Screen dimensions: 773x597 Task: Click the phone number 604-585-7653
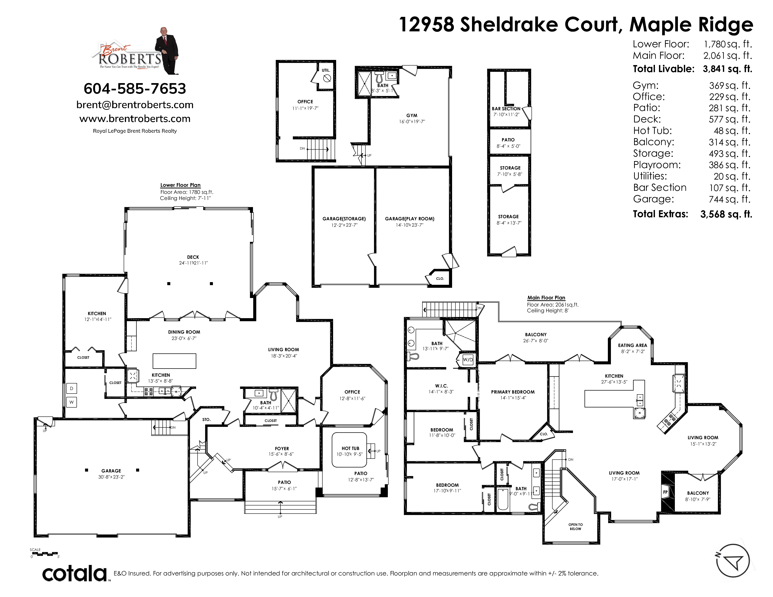135,88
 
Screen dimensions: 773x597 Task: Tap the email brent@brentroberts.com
135,105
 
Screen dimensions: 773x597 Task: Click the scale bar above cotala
45,553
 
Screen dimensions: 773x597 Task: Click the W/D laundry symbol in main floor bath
468,360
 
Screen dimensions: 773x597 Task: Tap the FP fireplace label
665,492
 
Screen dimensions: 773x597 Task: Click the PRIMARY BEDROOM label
513,392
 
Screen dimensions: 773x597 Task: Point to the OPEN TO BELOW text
576,527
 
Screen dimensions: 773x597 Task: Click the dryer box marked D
71,388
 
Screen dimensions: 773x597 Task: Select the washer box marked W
71,402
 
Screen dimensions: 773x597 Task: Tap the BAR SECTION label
506,109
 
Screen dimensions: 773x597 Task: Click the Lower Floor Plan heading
181,185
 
